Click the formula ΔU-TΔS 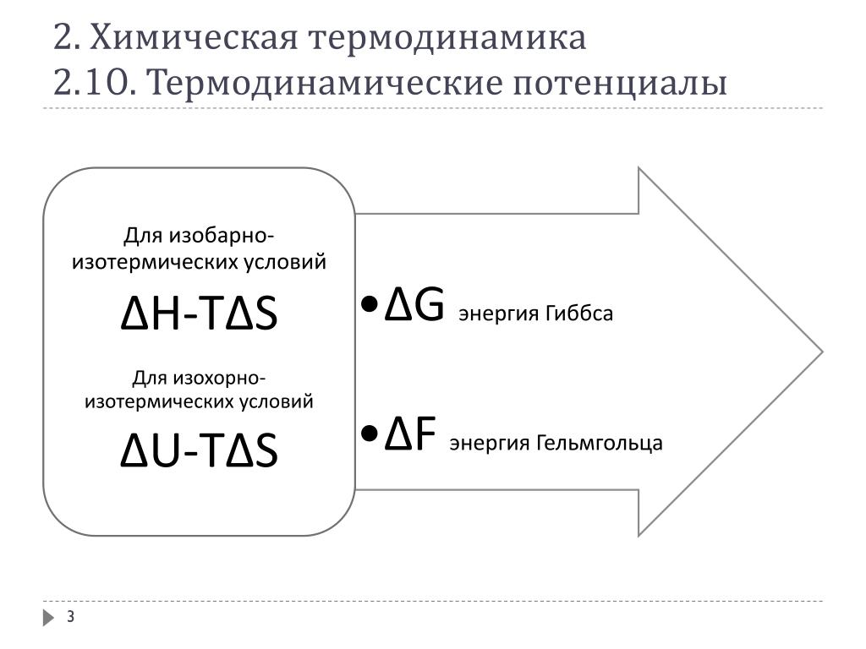point(199,451)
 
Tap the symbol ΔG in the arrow point(414,307)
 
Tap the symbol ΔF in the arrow point(410,436)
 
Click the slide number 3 point(71,619)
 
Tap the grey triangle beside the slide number point(48,619)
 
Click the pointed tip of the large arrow point(818,351)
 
